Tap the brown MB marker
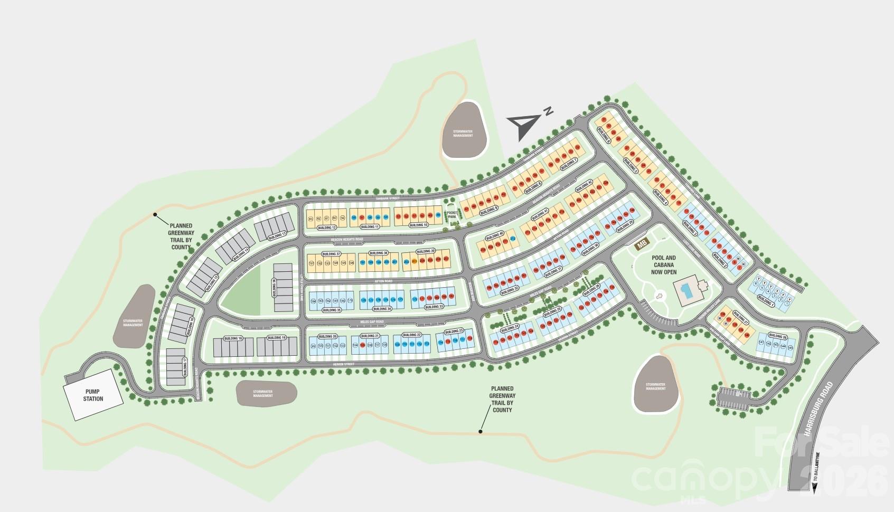(642, 244)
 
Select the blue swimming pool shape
(686, 290)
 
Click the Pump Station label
(93, 395)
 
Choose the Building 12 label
(327, 227)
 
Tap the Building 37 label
(331, 254)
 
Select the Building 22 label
(411, 335)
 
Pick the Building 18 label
(233, 338)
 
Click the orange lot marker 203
(415, 261)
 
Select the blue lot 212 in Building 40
(513, 239)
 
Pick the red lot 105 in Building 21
(363, 345)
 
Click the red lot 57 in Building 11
(362, 216)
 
